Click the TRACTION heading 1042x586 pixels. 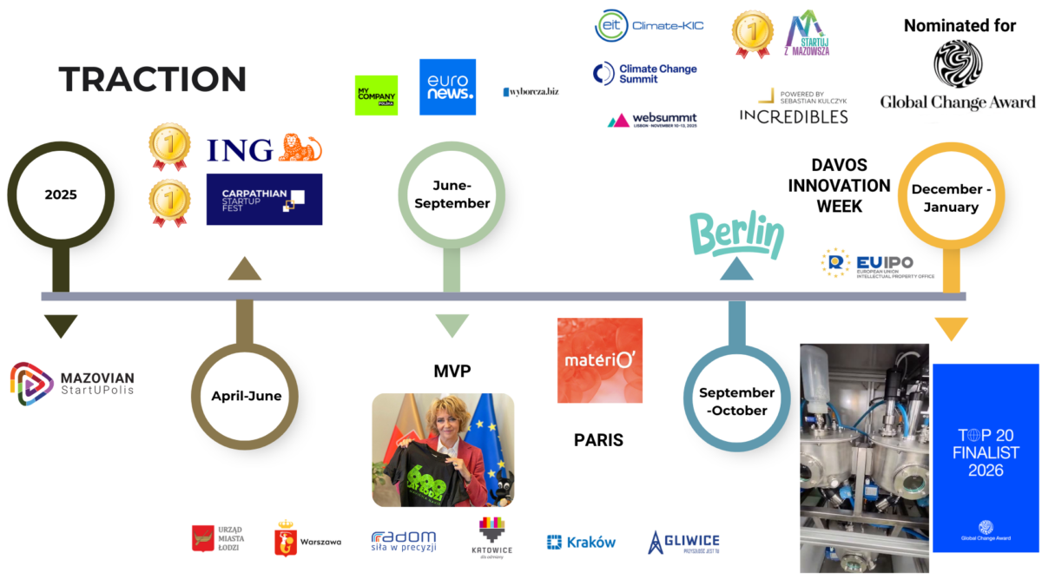tap(153, 79)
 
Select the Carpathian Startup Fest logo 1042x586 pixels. tap(264, 199)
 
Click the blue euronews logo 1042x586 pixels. tap(447, 87)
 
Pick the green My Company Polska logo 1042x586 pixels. tap(376, 95)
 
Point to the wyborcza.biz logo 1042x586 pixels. tap(530, 91)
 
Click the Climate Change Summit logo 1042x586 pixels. tap(645, 74)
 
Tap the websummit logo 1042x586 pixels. tap(652, 120)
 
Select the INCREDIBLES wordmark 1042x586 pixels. tap(794, 115)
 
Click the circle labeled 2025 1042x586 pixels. tap(61, 194)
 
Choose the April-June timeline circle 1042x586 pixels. tap(247, 396)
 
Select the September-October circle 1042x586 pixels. tap(737, 401)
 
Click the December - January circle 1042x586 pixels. tap(951, 197)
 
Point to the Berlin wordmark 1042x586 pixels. tap(736, 234)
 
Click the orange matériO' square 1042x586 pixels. tap(600, 360)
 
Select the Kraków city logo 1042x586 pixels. tap(581, 542)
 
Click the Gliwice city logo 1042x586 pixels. tap(684, 542)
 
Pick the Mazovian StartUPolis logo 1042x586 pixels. tap(73, 384)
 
